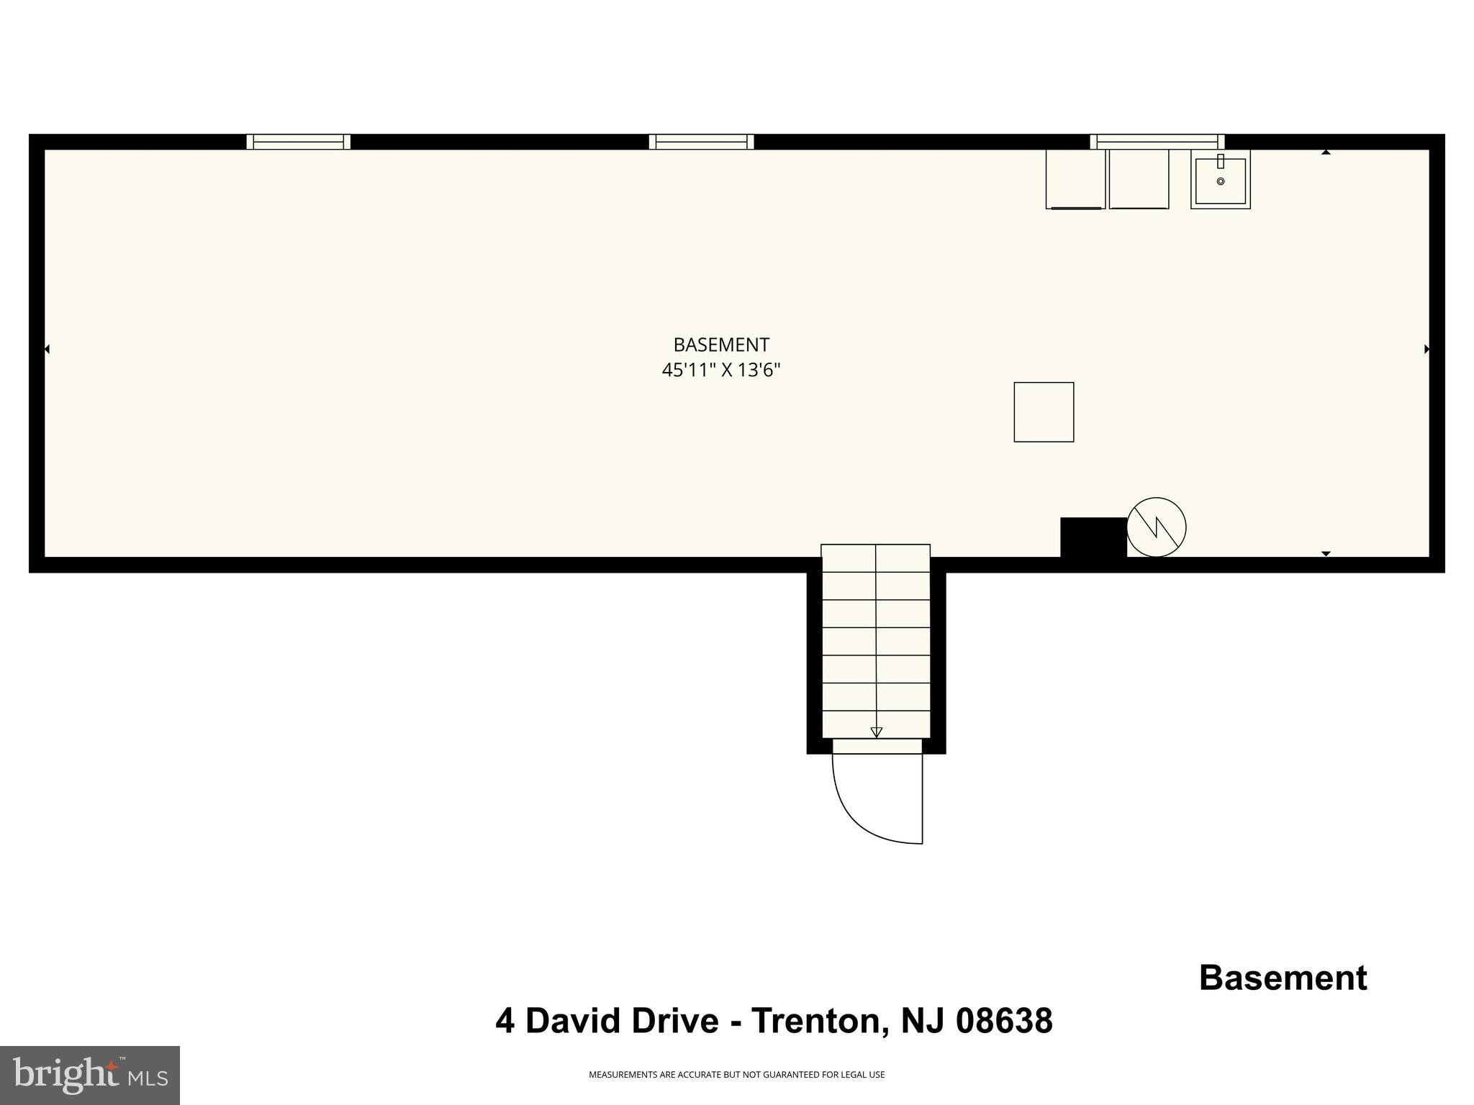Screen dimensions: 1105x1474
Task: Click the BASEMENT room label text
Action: point(721,345)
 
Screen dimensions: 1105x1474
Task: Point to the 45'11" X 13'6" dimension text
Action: point(721,370)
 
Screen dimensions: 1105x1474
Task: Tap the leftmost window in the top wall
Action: point(298,142)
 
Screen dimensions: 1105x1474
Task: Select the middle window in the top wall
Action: point(701,142)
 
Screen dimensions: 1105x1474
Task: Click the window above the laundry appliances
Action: point(1157,142)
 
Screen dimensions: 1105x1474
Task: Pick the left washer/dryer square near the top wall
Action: point(1075,179)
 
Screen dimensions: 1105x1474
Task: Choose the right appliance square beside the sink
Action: point(1139,179)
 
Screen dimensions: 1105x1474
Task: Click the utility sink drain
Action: point(1221,181)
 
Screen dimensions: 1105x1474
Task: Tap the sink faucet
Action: point(1221,162)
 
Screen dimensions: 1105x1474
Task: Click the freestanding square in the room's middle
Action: point(1044,412)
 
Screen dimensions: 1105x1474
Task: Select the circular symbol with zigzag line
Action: point(1156,527)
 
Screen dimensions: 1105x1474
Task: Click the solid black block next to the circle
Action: point(1093,537)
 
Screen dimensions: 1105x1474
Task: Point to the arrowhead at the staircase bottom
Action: point(876,732)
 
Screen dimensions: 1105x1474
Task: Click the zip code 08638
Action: point(1004,1021)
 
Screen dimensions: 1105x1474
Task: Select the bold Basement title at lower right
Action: point(1283,978)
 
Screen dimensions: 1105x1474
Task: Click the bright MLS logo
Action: point(90,1075)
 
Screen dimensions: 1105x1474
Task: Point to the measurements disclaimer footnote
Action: point(736,1075)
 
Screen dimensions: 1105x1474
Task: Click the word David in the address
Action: point(622,1021)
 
